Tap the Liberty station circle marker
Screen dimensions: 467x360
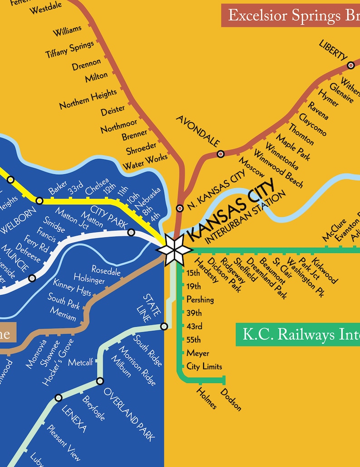(x=350, y=65)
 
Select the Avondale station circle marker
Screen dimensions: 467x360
(x=220, y=154)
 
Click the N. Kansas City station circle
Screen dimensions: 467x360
(x=180, y=208)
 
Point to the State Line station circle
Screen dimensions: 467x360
(x=164, y=326)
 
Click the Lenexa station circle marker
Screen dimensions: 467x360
(x=58, y=398)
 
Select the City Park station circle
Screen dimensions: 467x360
(x=131, y=232)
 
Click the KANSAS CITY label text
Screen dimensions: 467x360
(x=231, y=209)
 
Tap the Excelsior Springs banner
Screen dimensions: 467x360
(x=290, y=16)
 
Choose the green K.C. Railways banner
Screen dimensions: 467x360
(x=297, y=335)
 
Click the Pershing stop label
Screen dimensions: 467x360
(x=200, y=300)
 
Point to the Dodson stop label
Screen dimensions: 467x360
(x=231, y=399)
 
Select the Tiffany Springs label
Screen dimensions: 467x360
(x=70, y=49)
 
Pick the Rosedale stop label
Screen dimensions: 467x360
(x=106, y=271)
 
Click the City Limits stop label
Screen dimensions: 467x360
(x=204, y=366)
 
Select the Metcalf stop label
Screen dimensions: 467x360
(x=81, y=362)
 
